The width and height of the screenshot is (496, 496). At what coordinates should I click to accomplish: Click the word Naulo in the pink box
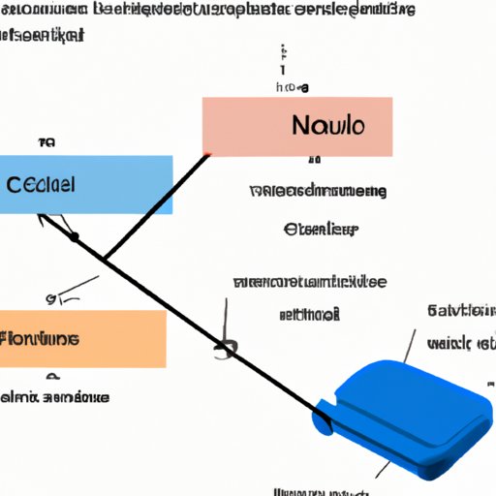[x=326, y=127]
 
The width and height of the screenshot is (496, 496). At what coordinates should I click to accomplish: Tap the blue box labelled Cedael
[x=86, y=184]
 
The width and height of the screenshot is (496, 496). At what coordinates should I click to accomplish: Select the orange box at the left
[x=82, y=339]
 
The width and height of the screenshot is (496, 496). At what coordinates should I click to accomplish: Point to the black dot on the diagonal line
[x=74, y=235]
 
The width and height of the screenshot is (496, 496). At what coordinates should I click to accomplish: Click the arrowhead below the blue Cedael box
[x=43, y=219]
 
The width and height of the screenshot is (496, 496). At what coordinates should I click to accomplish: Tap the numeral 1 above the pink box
[x=283, y=70]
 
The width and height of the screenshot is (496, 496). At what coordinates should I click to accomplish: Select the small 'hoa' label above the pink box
[x=292, y=86]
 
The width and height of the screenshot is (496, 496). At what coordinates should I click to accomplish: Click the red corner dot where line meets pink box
[x=206, y=154]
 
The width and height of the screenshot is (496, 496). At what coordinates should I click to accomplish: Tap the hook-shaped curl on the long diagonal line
[x=227, y=348]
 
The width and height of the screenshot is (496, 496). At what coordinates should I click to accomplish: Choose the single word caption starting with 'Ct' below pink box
[x=321, y=230]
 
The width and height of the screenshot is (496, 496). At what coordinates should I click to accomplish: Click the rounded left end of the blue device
[x=322, y=420]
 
